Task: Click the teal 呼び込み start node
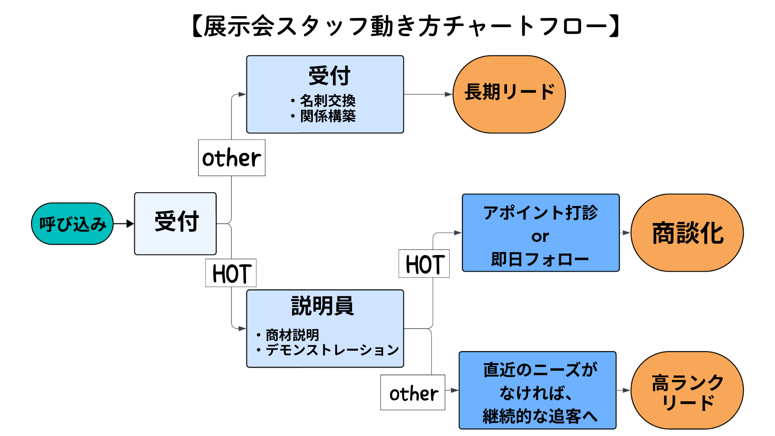[x=72, y=224]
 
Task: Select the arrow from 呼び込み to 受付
[x=124, y=224]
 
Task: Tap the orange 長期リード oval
[x=509, y=94]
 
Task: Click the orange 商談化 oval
[x=687, y=233]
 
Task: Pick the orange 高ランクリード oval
[x=687, y=390]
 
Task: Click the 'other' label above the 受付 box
[x=231, y=158]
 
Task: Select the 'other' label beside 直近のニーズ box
[x=413, y=393]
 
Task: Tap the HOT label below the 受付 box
[x=231, y=273]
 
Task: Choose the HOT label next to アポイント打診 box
[x=424, y=264]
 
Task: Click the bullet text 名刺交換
[x=327, y=101]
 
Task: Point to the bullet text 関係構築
[x=327, y=116]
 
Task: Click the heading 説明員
[x=322, y=306]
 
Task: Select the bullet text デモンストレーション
[x=332, y=350]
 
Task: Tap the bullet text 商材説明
[x=292, y=335]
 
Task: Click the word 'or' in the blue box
[x=540, y=237]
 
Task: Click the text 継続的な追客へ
[x=540, y=416]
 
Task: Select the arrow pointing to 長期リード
[x=428, y=94]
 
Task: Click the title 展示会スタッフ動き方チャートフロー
[x=405, y=26]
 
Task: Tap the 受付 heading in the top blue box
[x=329, y=75]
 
